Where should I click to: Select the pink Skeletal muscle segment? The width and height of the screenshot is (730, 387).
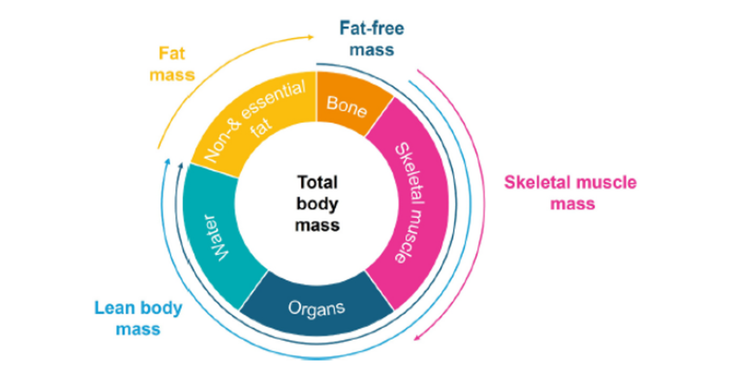point(414,204)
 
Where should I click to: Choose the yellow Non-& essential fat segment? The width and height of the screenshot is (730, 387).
point(254,120)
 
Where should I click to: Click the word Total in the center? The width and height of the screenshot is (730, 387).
point(317,183)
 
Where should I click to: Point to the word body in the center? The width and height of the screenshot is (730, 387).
point(317,204)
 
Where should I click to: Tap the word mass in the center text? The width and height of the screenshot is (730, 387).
point(317,225)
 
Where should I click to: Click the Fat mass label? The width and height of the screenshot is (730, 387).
point(172,64)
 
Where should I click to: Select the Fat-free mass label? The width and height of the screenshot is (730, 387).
point(372,39)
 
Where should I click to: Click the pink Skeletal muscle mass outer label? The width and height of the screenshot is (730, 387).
point(570,193)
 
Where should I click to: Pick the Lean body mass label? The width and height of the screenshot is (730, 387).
point(138,318)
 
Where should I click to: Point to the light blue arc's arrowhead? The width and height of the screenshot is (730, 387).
point(168,161)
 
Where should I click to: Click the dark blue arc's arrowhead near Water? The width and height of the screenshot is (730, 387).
point(181,165)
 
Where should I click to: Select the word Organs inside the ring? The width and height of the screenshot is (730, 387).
point(316,308)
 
